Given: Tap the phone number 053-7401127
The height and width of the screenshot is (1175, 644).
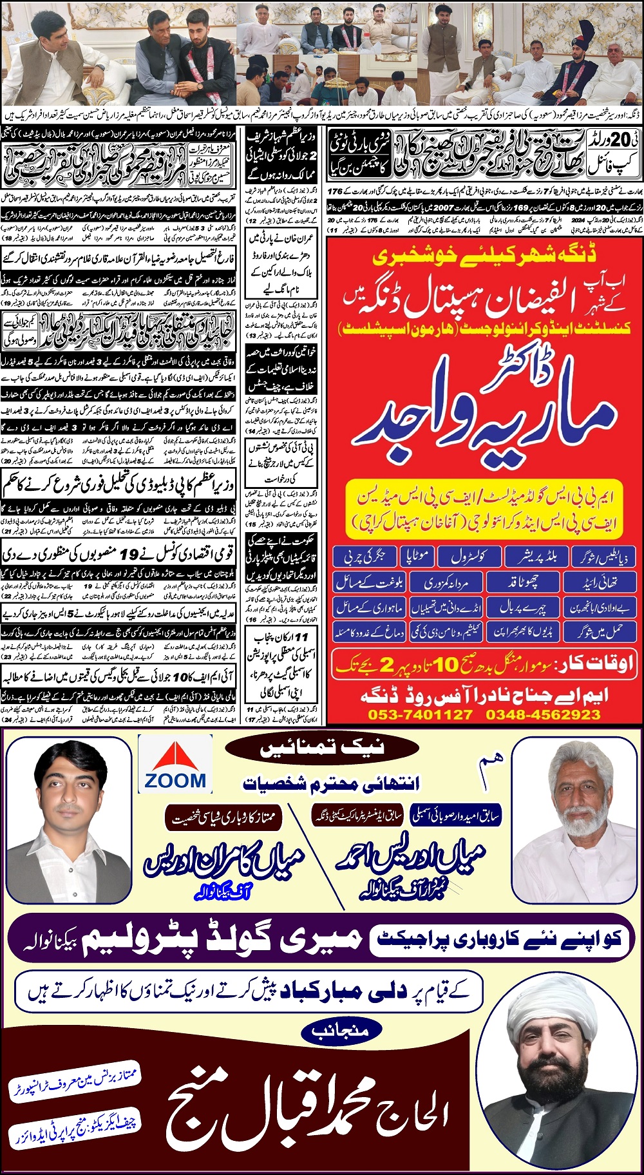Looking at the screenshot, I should (x=420, y=714).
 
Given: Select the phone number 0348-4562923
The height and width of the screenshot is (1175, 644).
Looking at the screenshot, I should (x=543, y=714).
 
